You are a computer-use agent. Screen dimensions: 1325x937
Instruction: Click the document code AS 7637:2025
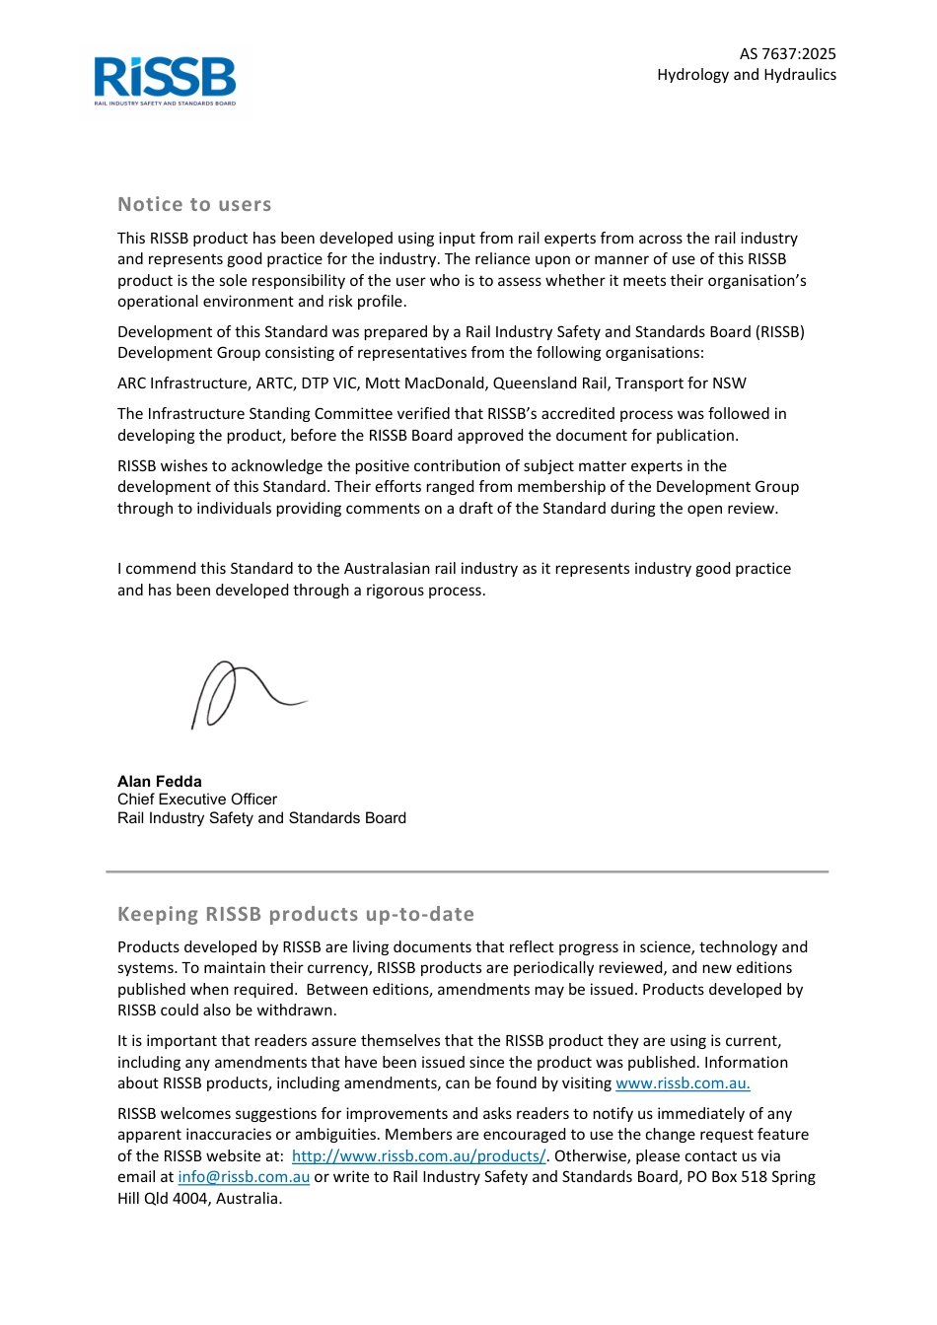point(787,54)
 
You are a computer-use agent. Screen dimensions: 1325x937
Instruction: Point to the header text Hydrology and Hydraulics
point(746,75)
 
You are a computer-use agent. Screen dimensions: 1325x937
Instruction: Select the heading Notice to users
point(194,205)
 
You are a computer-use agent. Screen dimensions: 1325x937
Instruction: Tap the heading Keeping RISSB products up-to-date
point(296,914)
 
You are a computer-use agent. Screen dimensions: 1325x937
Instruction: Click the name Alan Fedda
point(160,781)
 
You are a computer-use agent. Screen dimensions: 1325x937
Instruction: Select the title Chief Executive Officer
point(197,800)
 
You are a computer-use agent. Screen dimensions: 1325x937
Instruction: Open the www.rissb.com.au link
point(683,1083)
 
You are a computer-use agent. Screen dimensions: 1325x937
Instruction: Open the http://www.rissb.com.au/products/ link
point(418,1156)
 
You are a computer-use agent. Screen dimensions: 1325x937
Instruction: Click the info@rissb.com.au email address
point(244,1177)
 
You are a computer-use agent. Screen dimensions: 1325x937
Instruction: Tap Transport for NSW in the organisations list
point(681,384)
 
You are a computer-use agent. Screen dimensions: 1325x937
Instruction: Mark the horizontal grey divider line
point(468,872)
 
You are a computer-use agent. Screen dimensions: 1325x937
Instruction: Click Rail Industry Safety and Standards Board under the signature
point(261,818)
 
